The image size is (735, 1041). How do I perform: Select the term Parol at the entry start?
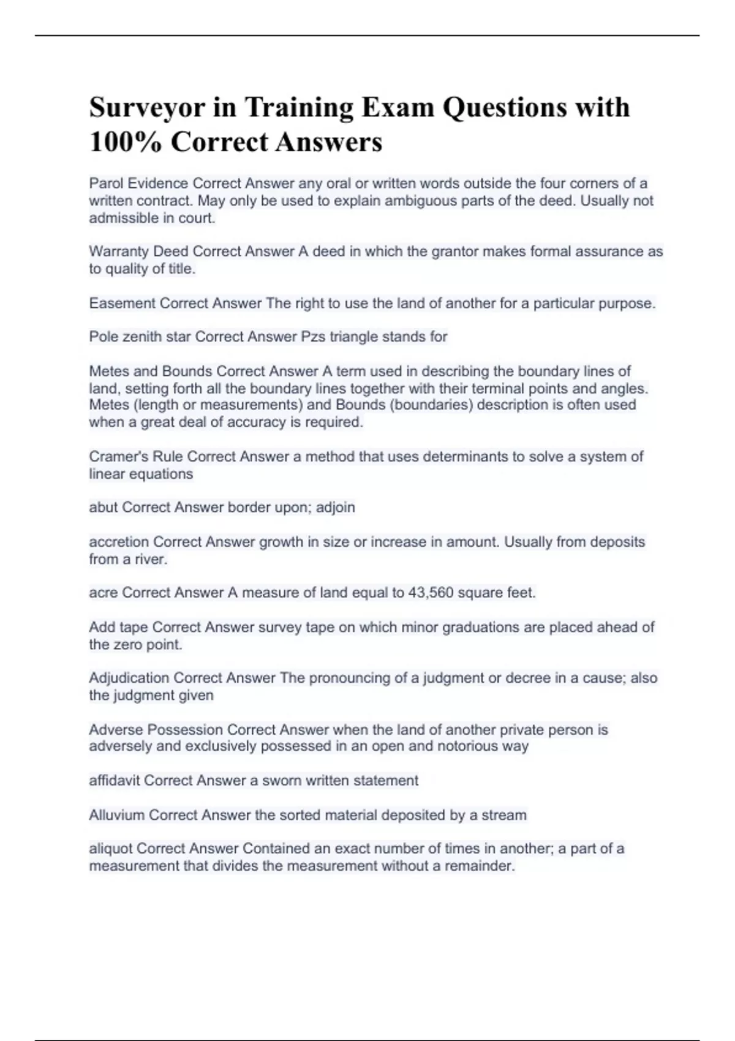click(106, 183)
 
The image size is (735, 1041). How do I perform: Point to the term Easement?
click(122, 303)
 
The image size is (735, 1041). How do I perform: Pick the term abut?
click(103, 507)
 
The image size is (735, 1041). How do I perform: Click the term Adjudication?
click(129, 678)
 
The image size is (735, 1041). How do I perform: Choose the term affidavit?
click(115, 780)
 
